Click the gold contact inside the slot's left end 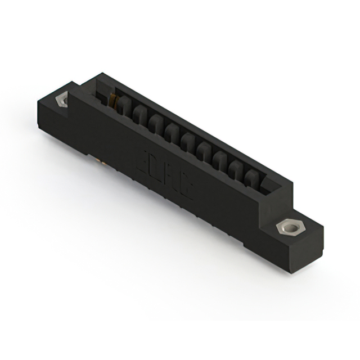click(115, 102)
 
